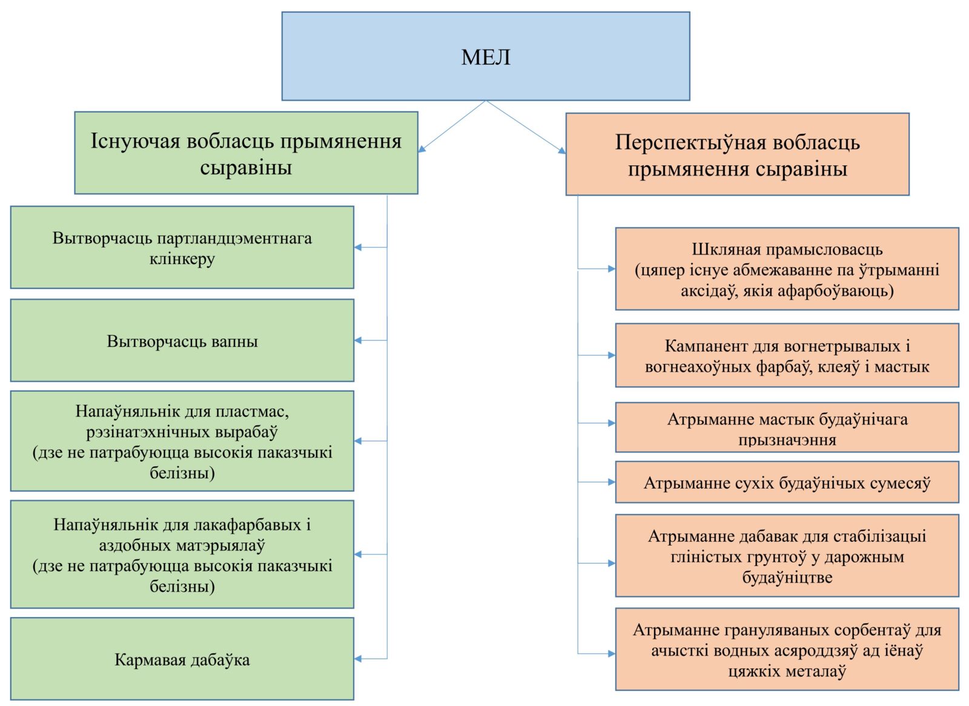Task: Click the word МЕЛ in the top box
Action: coord(485,57)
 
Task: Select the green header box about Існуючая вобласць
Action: coord(246,153)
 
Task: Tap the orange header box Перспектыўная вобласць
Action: coord(738,154)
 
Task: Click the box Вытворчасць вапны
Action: coord(182,340)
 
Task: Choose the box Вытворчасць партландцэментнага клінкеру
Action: coord(182,248)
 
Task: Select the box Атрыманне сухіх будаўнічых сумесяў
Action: coord(787,483)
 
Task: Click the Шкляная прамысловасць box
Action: coord(787,269)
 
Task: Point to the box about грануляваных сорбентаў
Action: coord(787,649)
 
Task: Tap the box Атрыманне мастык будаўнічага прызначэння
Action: coord(787,427)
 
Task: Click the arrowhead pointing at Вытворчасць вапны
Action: coord(358,340)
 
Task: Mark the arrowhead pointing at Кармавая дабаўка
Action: coord(358,659)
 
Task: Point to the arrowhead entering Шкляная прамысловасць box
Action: coord(612,269)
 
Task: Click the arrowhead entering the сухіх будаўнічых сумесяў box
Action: coord(612,483)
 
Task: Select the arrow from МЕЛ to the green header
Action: coord(452,127)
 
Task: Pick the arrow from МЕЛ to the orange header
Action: coord(526,127)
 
